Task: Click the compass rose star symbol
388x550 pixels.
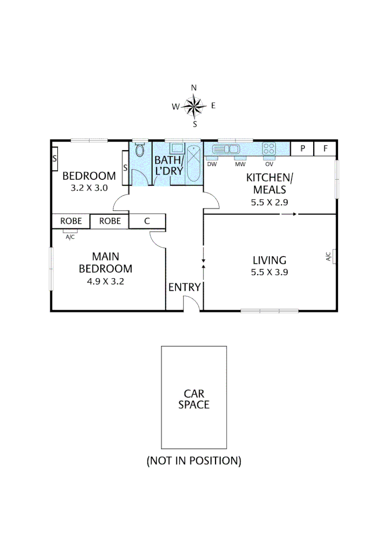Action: [x=193, y=106]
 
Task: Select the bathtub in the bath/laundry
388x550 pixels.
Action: [x=194, y=163]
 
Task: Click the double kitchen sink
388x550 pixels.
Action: [x=227, y=149]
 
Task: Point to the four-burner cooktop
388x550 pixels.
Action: [x=268, y=149]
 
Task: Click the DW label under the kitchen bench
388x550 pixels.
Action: [x=212, y=164]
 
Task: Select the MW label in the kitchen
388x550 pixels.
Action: [x=240, y=164]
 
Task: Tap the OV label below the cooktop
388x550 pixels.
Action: [x=269, y=164]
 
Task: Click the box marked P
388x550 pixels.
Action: [x=303, y=149]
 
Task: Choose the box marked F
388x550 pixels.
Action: [x=325, y=149]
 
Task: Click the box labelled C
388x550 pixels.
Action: [x=147, y=221]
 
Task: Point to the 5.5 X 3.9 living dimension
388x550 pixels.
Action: [x=270, y=272]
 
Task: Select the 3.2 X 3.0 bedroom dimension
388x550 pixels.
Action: [x=89, y=187]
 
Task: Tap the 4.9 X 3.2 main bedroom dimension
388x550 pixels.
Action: [x=105, y=281]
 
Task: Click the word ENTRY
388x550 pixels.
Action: [x=185, y=287]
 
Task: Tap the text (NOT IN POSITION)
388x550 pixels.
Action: [x=194, y=461]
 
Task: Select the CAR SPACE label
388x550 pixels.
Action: [x=194, y=399]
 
